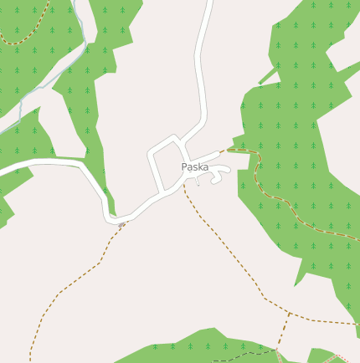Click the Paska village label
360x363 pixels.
[195, 167]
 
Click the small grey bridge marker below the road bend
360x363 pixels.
[122, 224]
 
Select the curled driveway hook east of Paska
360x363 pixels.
[221, 171]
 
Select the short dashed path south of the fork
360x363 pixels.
[282, 339]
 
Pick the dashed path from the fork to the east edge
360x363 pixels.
[327, 320]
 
